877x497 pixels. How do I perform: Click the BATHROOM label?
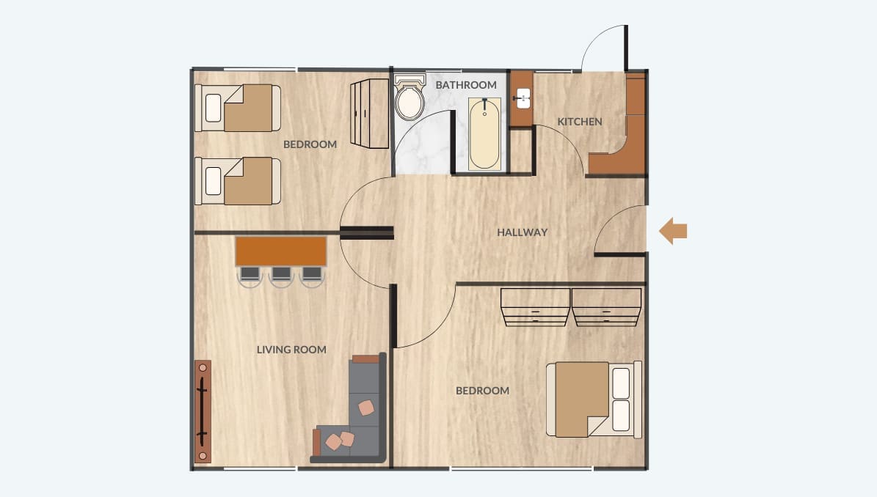(x=466, y=85)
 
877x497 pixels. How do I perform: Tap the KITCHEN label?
(x=580, y=122)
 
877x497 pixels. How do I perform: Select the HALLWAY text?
(x=523, y=232)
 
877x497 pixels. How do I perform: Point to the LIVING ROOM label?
(x=291, y=350)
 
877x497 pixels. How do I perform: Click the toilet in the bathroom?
(x=410, y=97)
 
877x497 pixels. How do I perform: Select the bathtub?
(x=484, y=133)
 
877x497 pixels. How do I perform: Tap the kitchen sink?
(x=523, y=98)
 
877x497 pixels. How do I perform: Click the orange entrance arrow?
(x=673, y=231)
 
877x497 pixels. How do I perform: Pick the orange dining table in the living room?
(x=281, y=251)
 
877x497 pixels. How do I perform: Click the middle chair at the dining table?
(x=281, y=276)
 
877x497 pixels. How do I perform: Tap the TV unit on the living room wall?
(x=203, y=411)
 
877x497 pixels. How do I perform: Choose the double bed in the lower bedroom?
(x=594, y=399)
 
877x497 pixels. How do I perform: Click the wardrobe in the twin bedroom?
(x=370, y=114)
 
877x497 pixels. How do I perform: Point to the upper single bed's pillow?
(x=213, y=108)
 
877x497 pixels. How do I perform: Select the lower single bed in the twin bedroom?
(x=238, y=181)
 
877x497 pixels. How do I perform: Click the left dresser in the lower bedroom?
(x=535, y=306)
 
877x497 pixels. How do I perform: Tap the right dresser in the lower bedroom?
(x=606, y=306)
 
